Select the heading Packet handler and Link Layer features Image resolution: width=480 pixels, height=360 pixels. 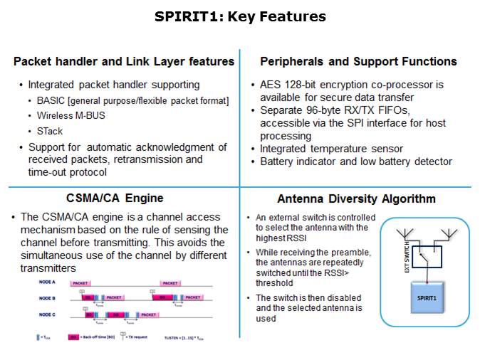pos(124,62)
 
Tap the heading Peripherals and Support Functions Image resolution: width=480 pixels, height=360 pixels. pos(358,62)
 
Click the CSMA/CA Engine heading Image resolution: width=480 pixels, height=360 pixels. pos(125,198)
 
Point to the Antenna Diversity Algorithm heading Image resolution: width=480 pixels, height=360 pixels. pos(356,199)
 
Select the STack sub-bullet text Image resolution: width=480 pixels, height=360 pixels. pos(50,132)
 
